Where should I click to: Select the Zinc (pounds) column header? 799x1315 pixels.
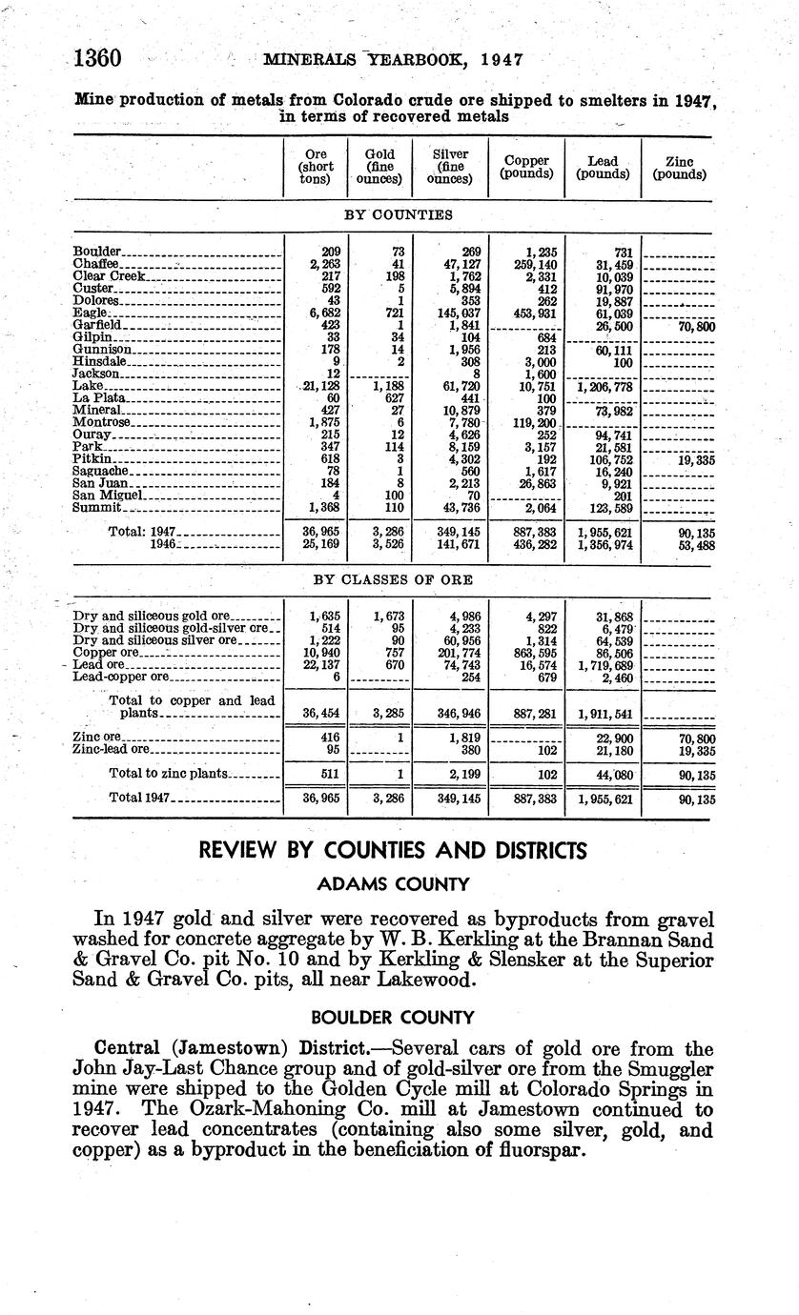(679, 169)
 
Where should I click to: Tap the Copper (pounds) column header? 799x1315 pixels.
(526, 168)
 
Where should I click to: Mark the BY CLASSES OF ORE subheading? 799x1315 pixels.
(393, 579)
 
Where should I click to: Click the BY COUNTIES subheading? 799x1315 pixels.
(392, 215)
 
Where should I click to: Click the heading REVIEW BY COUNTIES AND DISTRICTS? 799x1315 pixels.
(393, 850)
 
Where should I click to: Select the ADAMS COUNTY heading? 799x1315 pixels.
(393, 884)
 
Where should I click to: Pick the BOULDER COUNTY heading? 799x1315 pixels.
(394, 1016)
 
